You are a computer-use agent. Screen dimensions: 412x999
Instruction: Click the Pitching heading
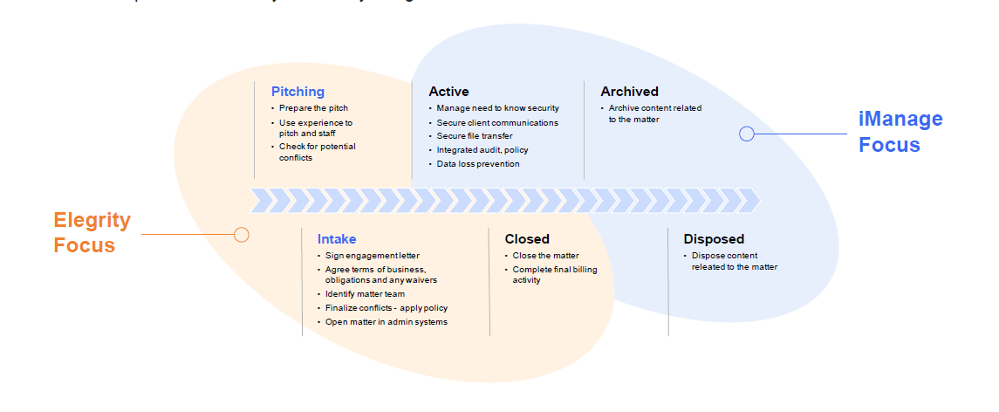pos(298,92)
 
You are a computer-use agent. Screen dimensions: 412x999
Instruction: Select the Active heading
pos(448,92)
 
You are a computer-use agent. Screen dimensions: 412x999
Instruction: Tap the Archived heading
pos(629,92)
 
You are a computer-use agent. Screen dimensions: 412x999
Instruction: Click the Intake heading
pos(337,239)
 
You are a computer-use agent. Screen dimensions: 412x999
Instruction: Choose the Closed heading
pos(527,239)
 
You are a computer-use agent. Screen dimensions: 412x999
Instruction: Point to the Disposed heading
pos(714,239)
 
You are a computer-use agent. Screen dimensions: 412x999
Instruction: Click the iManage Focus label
pos(900,132)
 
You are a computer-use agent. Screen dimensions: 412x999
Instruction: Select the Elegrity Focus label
pos(92,233)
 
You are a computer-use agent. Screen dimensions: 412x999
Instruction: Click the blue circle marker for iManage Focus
pos(747,134)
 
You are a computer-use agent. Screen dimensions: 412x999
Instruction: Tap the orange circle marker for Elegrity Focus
pos(242,234)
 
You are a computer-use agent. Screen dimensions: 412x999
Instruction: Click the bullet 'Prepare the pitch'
pos(313,108)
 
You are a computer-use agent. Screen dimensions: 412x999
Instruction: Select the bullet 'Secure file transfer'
pos(475,136)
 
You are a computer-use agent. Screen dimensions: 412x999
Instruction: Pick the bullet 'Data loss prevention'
pos(478,164)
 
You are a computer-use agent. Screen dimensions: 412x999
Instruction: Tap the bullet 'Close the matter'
pos(545,256)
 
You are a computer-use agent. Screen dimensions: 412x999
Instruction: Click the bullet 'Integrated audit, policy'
pos(482,150)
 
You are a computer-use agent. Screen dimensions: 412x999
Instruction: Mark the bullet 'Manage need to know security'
pos(497,108)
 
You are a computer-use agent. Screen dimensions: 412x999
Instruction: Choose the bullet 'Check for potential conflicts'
pos(318,152)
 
